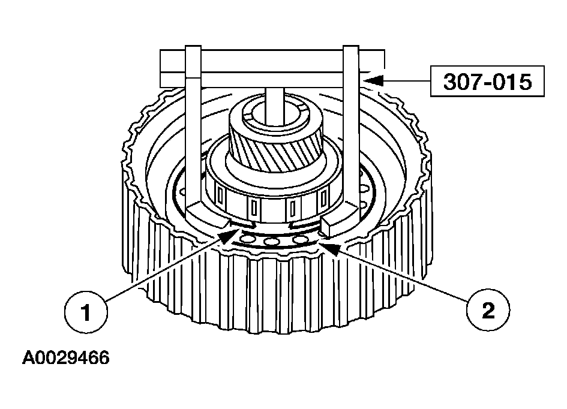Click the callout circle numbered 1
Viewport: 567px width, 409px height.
click(x=86, y=311)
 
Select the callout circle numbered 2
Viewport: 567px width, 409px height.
click(x=488, y=309)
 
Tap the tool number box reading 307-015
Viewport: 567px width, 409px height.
click(x=487, y=82)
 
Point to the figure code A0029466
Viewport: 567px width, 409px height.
click(x=65, y=358)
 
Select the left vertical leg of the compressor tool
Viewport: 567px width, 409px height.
click(x=193, y=127)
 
